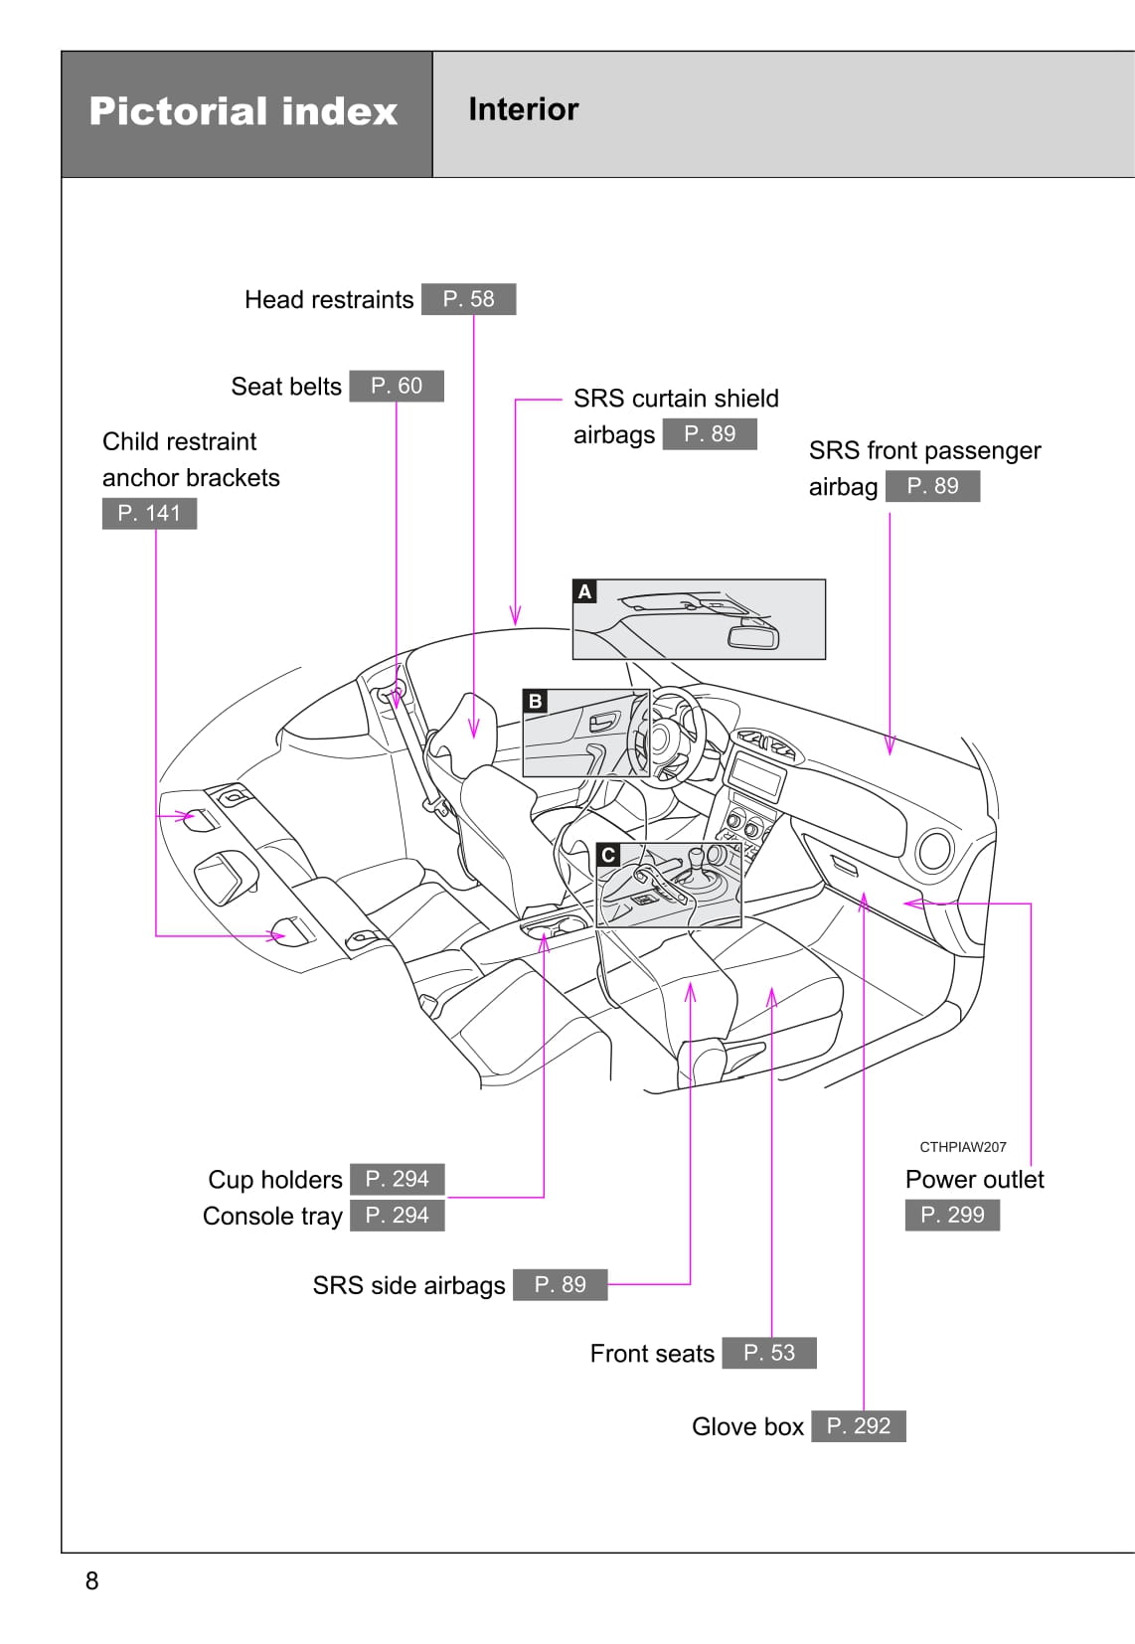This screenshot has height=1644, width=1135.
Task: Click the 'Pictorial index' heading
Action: click(243, 111)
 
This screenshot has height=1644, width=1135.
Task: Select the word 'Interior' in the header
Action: click(523, 109)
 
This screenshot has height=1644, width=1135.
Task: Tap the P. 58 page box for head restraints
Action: click(468, 299)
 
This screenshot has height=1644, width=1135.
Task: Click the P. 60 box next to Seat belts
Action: click(397, 386)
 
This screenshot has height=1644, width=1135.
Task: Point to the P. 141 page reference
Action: click(149, 513)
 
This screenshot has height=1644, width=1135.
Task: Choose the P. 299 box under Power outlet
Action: click(952, 1215)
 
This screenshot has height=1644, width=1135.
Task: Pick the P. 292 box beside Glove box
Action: click(859, 1426)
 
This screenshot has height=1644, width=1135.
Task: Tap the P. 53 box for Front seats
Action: click(769, 1353)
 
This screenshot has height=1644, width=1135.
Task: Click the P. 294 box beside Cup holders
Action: click(397, 1179)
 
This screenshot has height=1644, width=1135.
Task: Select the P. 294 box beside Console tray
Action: click(397, 1215)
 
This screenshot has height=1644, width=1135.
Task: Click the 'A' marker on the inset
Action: click(585, 592)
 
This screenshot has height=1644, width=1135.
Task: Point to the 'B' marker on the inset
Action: click(536, 701)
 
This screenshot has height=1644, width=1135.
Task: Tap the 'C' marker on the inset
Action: click(608, 855)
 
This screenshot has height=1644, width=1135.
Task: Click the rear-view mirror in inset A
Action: click(753, 635)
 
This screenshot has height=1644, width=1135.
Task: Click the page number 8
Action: click(92, 1580)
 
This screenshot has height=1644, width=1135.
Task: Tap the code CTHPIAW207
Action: click(962, 1147)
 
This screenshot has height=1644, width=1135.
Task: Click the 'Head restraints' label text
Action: click(329, 300)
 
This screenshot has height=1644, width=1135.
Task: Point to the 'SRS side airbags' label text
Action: click(408, 1285)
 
